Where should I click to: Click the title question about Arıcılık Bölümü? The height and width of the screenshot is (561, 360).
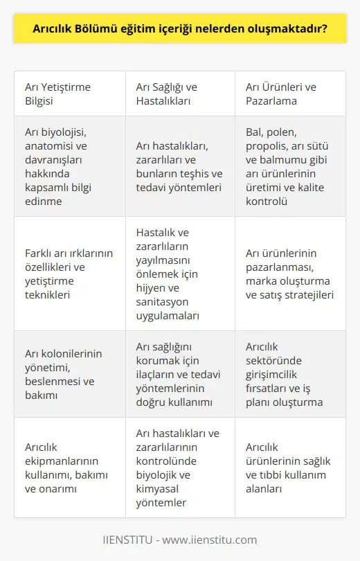[x=180, y=30]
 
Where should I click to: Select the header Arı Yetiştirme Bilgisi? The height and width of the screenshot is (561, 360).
[x=58, y=93]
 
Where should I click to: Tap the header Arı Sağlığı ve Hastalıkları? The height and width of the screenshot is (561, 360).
[x=167, y=93]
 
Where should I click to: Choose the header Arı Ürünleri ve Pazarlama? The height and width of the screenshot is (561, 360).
[x=281, y=93]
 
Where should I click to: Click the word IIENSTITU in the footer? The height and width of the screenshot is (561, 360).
[x=128, y=540]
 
